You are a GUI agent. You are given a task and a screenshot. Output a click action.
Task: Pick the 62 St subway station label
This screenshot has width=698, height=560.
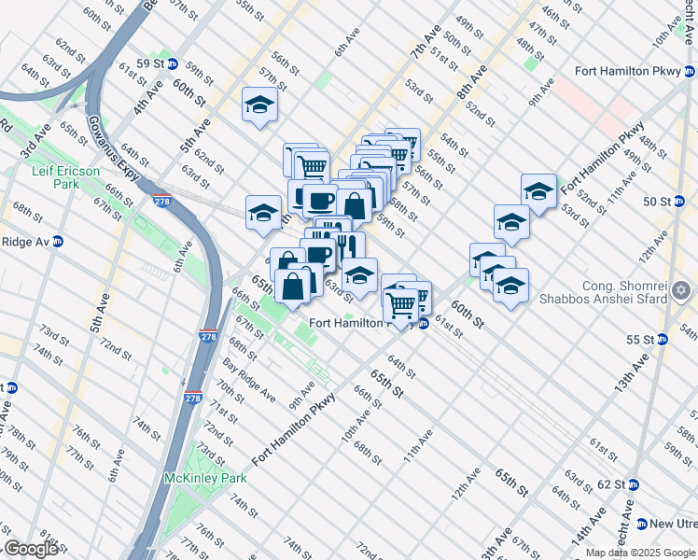click(611, 484)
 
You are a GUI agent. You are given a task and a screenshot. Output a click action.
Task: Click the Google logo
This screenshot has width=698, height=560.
click(30, 549)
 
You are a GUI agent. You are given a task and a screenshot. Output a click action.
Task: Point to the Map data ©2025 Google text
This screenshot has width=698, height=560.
click(640, 553)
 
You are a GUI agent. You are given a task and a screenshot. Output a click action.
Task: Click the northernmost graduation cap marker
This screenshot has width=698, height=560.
click(260, 105)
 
